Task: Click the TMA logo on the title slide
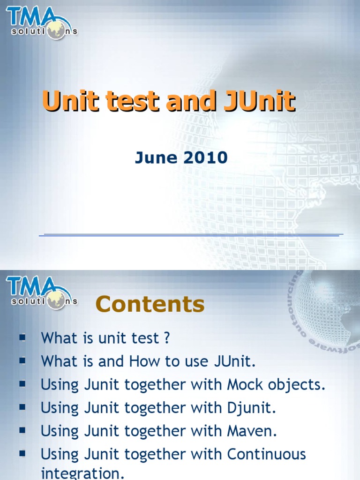pyautogui.click(x=41, y=23)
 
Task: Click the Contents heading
pyautogui.click(x=150, y=305)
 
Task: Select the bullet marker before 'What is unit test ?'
pyautogui.click(x=22, y=337)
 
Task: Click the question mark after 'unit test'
pyautogui.click(x=166, y=338)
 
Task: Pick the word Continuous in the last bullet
pyautogui.click(x=266, y=454)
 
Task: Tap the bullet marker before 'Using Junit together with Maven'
pyautogui.click(x=22, y=430)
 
